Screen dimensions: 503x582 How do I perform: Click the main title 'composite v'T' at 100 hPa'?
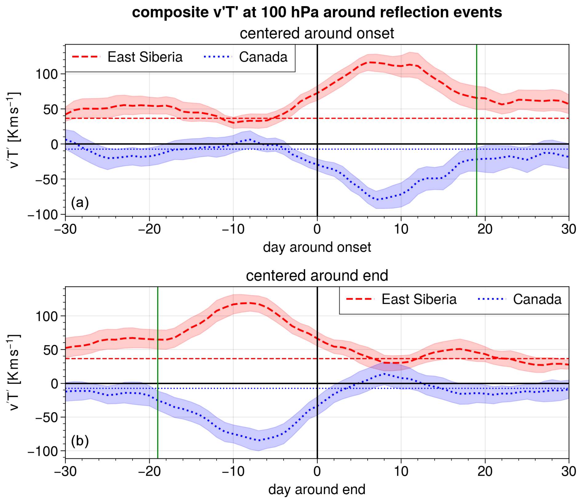(317, 12)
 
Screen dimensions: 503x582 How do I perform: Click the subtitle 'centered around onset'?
(317, 33)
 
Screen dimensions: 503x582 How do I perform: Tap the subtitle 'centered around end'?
(317, 276)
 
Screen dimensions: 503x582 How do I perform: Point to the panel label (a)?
(80, 203)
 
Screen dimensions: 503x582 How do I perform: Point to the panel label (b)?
(80, 441)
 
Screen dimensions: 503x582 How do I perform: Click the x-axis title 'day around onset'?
(317, 247)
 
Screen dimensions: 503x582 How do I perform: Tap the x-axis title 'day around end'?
(317, 489)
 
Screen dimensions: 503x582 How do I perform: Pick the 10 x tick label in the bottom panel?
(401, 471)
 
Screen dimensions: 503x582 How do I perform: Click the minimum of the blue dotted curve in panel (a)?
(376, 200)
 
